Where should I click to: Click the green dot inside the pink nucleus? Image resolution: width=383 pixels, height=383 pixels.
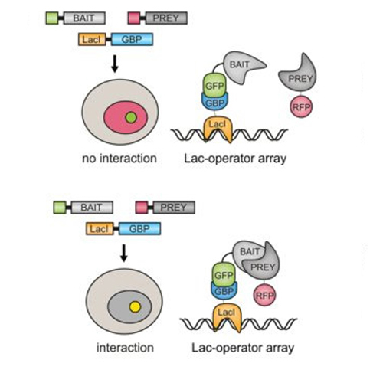[x=131, y=117]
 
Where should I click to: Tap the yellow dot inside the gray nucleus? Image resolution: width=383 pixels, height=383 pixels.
[x=135, y=306]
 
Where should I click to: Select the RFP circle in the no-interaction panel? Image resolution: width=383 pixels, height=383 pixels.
[x=301, y=106]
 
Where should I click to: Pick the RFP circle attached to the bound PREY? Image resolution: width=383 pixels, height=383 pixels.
[x=264, y=295]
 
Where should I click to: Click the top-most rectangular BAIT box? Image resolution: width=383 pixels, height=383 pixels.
[x=84, y=18]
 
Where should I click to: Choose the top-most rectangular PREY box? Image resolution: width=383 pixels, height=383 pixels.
[x=166, y=18]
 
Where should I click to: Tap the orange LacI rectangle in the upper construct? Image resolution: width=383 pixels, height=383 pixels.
[x=92, y=39]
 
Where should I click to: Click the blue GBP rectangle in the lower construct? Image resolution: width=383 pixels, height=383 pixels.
[x=139, y=228]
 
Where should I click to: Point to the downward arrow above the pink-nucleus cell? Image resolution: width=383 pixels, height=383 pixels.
[x=115, y=64]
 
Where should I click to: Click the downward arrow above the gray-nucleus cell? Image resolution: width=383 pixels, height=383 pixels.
[x=124, y=253]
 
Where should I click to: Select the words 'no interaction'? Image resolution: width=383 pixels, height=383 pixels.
[x=119, y=159]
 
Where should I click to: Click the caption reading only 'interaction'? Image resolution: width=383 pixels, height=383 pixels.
[x=125, y=348]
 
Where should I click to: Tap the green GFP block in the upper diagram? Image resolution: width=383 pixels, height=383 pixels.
[x=215, y=85]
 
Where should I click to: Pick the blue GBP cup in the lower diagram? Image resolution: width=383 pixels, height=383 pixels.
[x=224, y=290]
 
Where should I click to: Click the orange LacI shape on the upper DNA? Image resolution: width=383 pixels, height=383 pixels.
[x=218, y=129]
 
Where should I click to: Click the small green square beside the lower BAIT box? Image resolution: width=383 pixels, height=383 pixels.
[x=60, y=208]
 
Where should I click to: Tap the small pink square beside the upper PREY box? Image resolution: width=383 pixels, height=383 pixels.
[x=134, y=18]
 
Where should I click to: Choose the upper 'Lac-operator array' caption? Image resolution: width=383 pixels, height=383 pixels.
[x=235, y=159]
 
